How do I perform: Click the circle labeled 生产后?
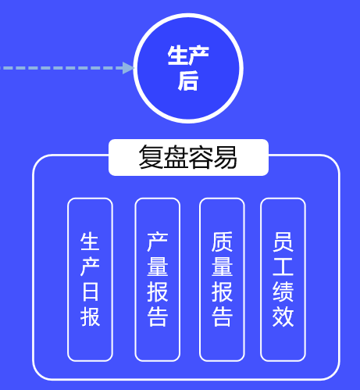tap(188, 68)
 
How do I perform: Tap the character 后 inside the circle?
tap(188, 81)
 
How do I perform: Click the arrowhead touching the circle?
tap(128, 68)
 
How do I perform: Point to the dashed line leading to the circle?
tap(62, 68)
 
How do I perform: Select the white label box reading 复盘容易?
tap(188, 157)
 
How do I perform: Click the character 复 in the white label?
tap(151, 157)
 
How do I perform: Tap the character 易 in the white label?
tap(225, 157)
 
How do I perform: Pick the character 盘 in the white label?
tap(176, 157)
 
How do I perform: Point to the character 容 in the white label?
tap(201, 157)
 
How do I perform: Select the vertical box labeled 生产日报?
tap(90, 280)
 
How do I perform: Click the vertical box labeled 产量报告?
tap(158, 280)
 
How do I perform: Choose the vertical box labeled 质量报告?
tap(222, 280)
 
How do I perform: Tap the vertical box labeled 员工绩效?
tap(283, 280)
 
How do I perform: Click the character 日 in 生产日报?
tap(90, 292)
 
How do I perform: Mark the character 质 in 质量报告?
tap(222, 242)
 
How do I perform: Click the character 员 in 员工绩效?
tap(283, 242)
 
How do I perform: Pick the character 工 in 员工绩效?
tap(283, 267)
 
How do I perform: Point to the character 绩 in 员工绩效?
tap(283, 292)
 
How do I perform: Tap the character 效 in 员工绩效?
tap(283, 317)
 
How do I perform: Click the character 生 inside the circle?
tap(177, 55)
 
